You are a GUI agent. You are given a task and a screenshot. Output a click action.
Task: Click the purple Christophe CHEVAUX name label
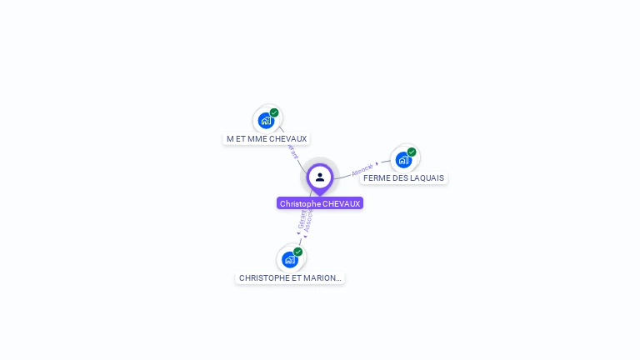[320, 203]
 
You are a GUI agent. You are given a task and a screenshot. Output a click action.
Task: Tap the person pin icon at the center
[320, 177]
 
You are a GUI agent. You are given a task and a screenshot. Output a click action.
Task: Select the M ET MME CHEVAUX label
[267, 138]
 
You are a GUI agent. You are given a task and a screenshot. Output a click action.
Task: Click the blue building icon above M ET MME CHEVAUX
[266, 120]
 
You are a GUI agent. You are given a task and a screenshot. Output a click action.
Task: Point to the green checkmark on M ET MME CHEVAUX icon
[274, 112]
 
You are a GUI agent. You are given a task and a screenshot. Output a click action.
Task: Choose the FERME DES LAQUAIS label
[404, 178]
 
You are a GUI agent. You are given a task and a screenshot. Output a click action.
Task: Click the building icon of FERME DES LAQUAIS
[403, 159]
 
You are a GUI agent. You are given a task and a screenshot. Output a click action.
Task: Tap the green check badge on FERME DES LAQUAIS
[412, 152]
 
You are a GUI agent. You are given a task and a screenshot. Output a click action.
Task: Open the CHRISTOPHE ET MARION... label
[289, 277]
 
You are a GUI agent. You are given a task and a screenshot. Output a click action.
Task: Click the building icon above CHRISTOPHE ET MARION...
[289, 259]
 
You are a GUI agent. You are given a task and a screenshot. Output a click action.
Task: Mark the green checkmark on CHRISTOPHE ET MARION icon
[297, 252]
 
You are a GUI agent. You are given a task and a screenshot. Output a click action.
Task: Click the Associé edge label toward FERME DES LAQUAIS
[362, 169]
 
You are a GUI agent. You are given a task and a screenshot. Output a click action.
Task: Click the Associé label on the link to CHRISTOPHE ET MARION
[308, 221]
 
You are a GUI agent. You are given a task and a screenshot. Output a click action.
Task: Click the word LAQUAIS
[427, 178]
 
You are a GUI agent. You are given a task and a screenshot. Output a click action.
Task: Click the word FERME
[376, 178]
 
